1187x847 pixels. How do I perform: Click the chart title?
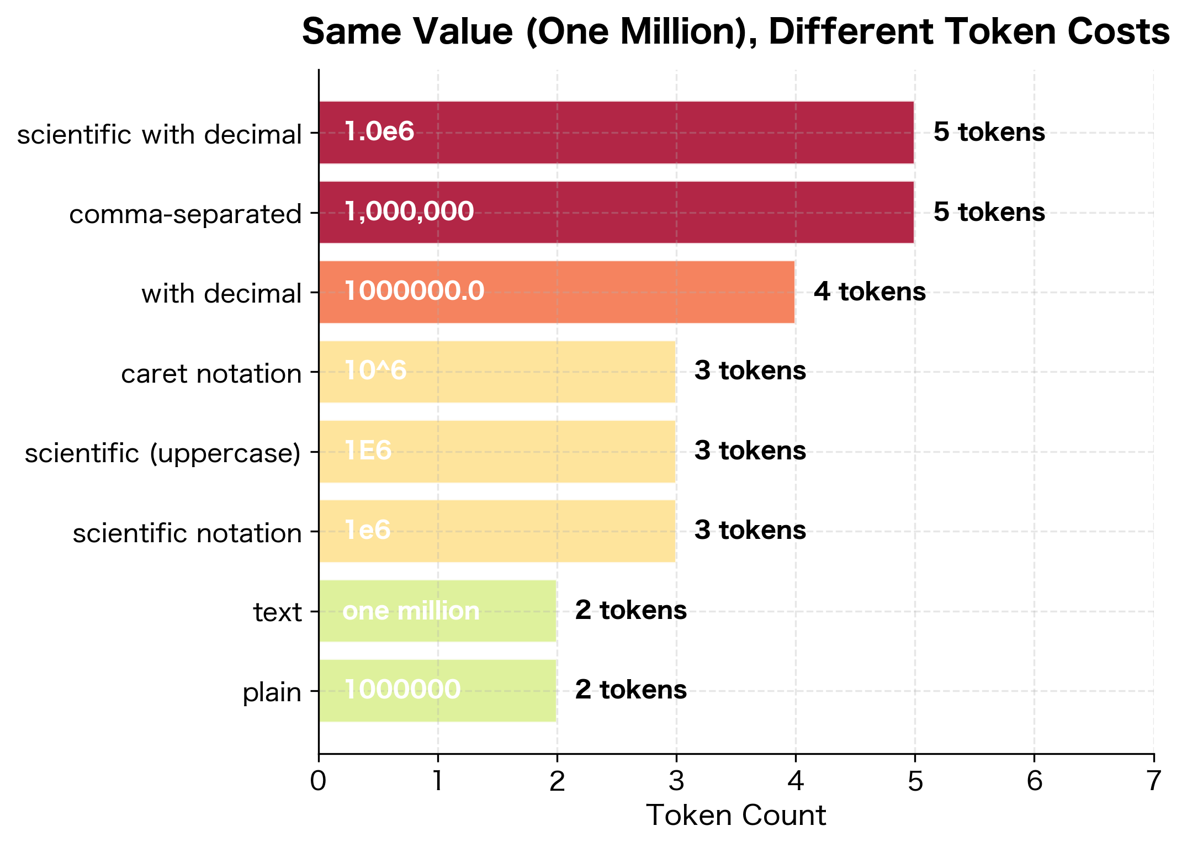[x=735, y=32]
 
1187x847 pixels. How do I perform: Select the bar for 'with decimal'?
[x=557, y=292]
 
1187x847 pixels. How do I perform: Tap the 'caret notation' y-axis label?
[x=211, y=374]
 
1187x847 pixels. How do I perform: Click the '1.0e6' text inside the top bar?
[x=379, y=132]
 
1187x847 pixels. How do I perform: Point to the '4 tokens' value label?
[x=870, y=292]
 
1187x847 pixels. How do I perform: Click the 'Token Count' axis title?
[x=735, y=816]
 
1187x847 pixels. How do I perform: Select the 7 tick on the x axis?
[x=1153, y=781]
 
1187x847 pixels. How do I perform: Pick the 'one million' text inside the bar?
[x=411, y=611]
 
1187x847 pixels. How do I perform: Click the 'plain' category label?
[x=272, y=692]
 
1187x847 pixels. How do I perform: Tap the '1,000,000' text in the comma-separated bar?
[x=409, y=211]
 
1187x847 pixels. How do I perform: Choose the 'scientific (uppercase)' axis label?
[x=163, y=453]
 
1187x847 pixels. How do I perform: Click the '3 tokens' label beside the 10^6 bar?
[x=750, y=370]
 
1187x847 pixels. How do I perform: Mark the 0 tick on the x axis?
[x=319, y=781]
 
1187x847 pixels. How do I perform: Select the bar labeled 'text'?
[x=437, y=611]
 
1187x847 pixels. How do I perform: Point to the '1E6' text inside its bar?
[x=368, y=451]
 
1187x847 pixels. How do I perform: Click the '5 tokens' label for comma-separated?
[x=989, y=212]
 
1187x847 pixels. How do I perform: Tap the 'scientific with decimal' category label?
[x=159, y=135]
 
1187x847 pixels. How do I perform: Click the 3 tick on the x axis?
[x=676, y=781]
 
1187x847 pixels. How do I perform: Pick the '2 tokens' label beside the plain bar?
[x=630, y=690]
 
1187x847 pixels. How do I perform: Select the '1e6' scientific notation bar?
[x=497, y=531]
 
